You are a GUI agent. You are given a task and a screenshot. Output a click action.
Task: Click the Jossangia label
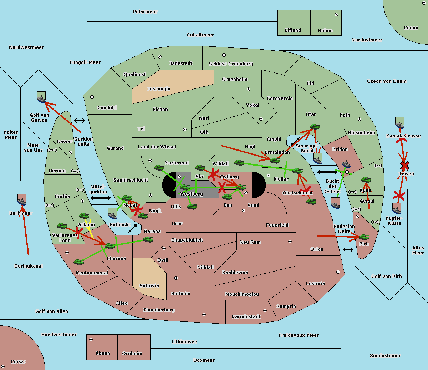coord(159,89)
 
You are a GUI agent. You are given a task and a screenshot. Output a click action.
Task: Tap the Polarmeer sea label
coord(145,12)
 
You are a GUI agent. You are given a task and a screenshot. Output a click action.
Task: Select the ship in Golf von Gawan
coord(41,97)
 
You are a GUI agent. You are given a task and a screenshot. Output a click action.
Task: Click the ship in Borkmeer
coord(22,199)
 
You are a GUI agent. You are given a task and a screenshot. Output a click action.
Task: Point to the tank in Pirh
coord(364,237)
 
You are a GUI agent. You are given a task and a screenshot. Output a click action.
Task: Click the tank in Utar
coord(315,126)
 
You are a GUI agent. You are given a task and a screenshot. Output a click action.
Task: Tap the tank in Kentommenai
coord(79,262)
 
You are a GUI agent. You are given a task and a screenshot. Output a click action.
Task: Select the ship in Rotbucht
coord(112,213)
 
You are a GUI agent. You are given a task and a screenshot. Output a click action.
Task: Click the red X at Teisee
coord(405,166)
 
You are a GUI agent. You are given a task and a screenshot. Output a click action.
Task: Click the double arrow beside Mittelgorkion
coord(101,198)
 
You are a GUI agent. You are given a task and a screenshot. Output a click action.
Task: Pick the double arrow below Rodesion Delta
coord(348,249)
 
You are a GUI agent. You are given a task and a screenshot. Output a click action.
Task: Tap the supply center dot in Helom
coord(336,15)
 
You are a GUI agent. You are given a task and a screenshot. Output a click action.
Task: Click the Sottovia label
coord(149,286)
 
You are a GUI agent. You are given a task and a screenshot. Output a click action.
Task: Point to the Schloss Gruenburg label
coord(231,64)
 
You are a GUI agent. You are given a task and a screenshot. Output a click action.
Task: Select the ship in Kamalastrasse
coord(399,123)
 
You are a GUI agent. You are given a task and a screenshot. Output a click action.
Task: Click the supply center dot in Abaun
coord(91,340)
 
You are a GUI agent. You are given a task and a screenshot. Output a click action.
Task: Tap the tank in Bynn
coord(366,179)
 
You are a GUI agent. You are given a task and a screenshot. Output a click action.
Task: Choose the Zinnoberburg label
coord(159,310)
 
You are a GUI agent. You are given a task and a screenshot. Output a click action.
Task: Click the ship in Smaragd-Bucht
coord(318,158)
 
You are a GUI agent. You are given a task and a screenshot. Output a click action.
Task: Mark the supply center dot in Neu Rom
coord(290,242)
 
